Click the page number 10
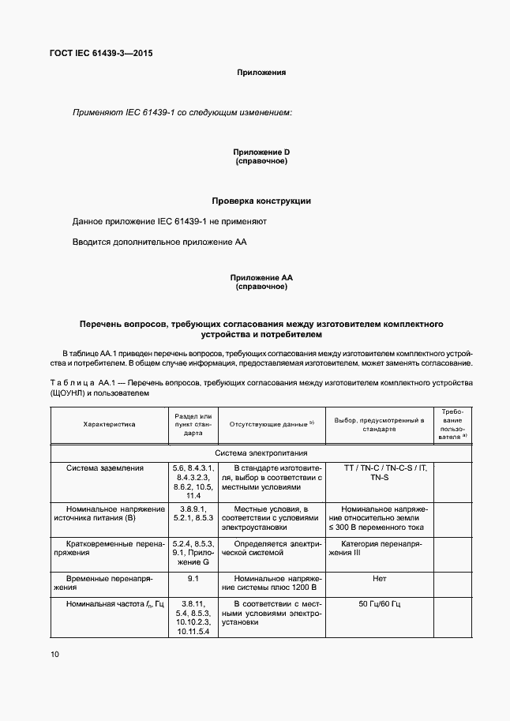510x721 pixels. pyautogui.click(x=54, y=654)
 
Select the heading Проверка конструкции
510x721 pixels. pyautogui.click(x=261, y=201)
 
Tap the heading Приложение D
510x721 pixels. pyautogui.click(x=261, y=152)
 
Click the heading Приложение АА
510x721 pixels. pyautogui.click(x=261, y=278)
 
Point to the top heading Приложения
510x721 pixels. pyautogui.click(x=261, y=73)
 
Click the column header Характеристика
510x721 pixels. pyautogui.click(x=109, y=424)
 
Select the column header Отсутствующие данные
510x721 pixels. pyautogui.click(x=272, y=424)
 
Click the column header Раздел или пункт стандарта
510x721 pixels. pyautogui.click(x=193, y=424)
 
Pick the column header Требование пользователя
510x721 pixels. pyautogui.click(x=453, y=424)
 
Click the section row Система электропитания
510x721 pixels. pyautogui.click(x=261, y=453)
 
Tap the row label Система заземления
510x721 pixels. pyautogui.click(x=105, y=468)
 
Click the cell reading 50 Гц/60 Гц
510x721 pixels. pyautogui.click(x=379, y=604)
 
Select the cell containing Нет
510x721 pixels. pyautogui.click(x=379, y=578)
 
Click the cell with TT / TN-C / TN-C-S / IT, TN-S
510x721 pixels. pyautogui.click(x=379, y=473)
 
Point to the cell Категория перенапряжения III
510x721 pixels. pyautogui.click(x=379, y=549)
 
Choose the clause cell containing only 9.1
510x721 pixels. pyautogui.click(x=193, y=578)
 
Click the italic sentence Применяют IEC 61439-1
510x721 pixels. pyautogui.click(x=182, y=113)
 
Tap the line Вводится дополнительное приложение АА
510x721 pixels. pyautogui.click(x=160, y=242)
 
